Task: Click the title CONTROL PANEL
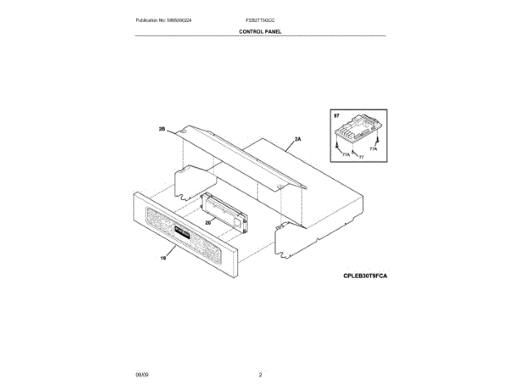(x=260, y=31)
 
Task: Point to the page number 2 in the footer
(x=260, y=374)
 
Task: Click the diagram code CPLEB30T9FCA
(x=365, y=277)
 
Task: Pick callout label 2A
(x=298, y=140)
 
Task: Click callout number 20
(x=208, y=222)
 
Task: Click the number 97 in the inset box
(x=337, y=117)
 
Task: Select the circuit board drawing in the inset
(x=358, y=128)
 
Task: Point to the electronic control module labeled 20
(x=223, y=210)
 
